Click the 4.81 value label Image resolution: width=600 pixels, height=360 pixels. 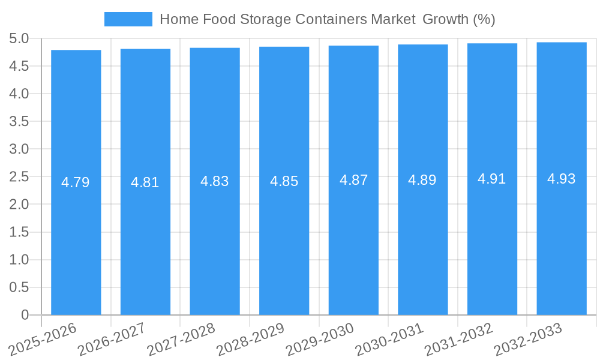(x=145, y=182)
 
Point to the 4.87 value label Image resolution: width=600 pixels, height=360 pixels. (x=353, y=180)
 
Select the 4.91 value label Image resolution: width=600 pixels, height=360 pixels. (x=492, y=179)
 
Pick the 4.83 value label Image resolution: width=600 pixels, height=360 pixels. (x=215, y=181)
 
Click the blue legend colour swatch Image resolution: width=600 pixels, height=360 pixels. (x=128, y=19)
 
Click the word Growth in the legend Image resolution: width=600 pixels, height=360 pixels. (x=445, y=19)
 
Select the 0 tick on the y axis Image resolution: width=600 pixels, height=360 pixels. (x=25, y=315)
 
